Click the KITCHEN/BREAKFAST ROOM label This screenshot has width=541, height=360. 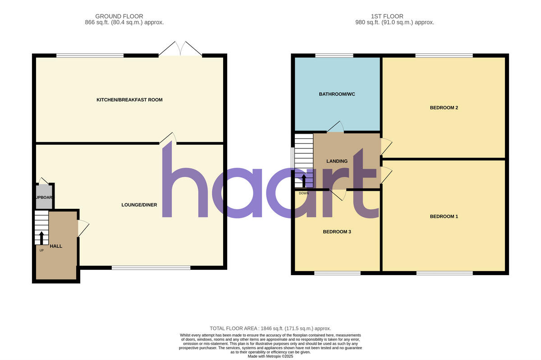click(x=129, y=100)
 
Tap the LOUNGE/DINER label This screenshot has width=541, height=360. click(x=139, y=205)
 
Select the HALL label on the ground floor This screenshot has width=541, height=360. click(x=56, y=246)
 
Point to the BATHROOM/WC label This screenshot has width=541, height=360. click(x=337, y=94)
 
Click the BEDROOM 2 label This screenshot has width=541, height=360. click(x=444, y=107)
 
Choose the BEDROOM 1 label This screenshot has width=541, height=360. click(x=444, y=217)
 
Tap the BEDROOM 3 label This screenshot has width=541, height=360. click(x=337, y=232)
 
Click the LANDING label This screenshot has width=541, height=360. click(x=337, y=161)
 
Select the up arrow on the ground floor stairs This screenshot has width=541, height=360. click(x=41, y=237)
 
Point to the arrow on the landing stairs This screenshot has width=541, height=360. click(x=303, y=180)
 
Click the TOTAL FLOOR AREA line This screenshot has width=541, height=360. click(x=270, y=328)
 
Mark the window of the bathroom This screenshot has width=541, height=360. click(x=334, y=55)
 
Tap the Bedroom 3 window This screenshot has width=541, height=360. click(x=337, y=273)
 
